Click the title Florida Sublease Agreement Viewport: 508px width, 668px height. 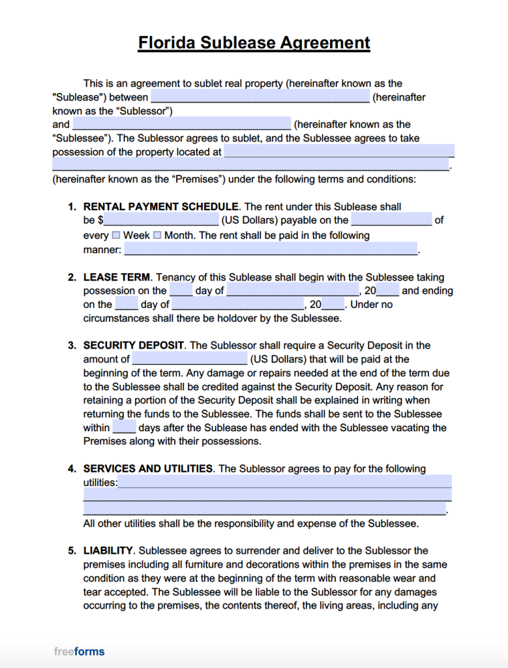[x=254, y=43]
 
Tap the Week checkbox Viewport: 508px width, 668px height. [x=116, y=235]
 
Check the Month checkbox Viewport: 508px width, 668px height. [x=157, y=235]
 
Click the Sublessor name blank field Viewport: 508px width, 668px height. [x=260, y=97]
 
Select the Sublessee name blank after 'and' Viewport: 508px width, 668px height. [x=181, y=124]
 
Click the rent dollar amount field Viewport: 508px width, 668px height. [x=161, y=220]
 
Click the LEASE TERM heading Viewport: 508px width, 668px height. [x=117, y=277]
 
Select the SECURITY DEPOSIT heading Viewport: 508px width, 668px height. [x=134, y=345]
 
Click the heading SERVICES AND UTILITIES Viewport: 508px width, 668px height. [x=148, y=468]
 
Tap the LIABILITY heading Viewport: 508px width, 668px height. [x=108, y=551]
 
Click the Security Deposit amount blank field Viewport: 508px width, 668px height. [x=190, y=359]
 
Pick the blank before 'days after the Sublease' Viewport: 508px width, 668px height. [x=124, y=428]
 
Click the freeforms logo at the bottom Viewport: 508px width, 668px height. [x=79, y=651]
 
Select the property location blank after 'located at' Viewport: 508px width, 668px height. [x=338, y=152]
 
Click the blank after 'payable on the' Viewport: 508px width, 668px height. [x=391, y=220]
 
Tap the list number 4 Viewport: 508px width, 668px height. [x=72, y=468]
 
